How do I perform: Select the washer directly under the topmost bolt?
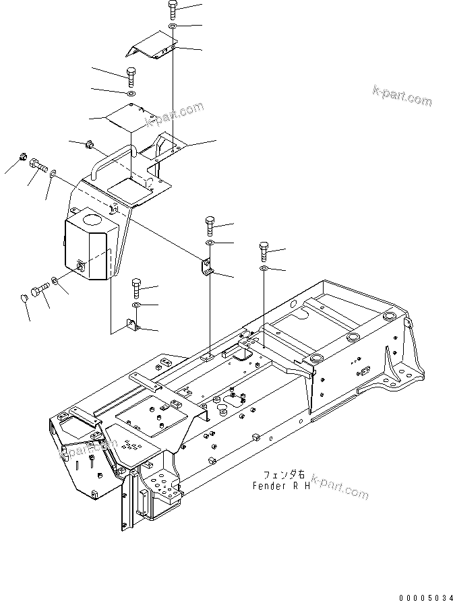click(173, 26)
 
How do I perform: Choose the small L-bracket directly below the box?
click(131, 327)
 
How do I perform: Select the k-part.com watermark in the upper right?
click(402, 96)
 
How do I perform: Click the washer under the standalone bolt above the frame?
click(264, 269)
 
